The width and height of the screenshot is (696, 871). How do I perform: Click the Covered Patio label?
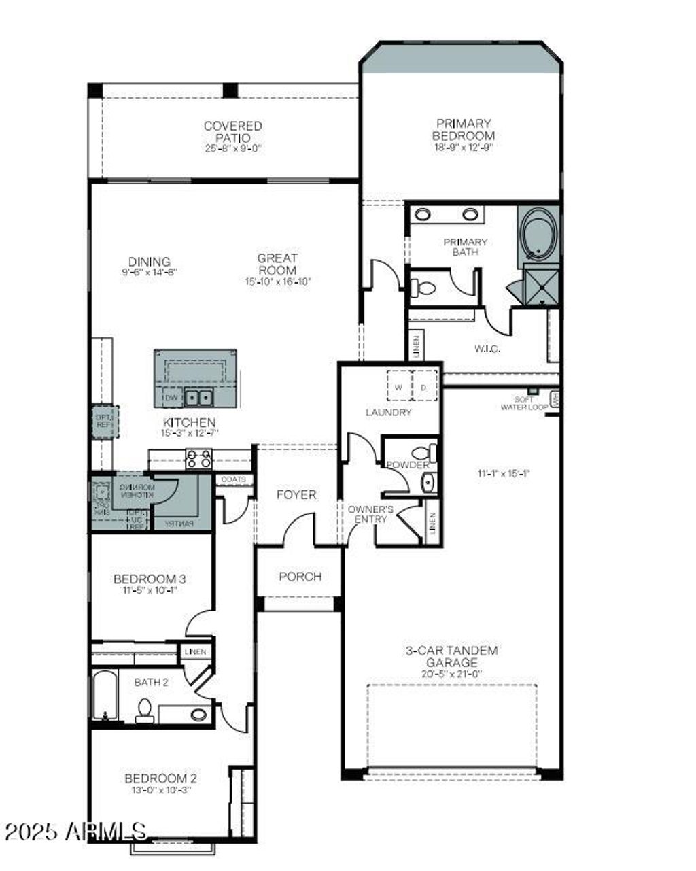pos(232,132)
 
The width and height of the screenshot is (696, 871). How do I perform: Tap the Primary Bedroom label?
pos(464,129)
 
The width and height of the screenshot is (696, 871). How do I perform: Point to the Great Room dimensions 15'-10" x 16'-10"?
pos(277,281)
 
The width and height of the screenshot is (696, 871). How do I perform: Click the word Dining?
pos(150,262)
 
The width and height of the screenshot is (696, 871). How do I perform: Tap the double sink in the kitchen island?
pos(199,398)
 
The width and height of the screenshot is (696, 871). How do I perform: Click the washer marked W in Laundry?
pos(399,387)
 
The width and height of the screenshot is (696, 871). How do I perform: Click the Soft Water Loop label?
pos(523,403)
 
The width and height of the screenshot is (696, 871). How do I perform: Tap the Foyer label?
pos(296,495)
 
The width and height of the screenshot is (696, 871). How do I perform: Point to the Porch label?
pos(300,577)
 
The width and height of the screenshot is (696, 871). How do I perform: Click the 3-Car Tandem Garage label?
pos(451,656)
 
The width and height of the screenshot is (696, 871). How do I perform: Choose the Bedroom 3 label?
pos(150,579)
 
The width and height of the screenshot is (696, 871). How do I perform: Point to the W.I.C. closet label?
pos(487,349)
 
